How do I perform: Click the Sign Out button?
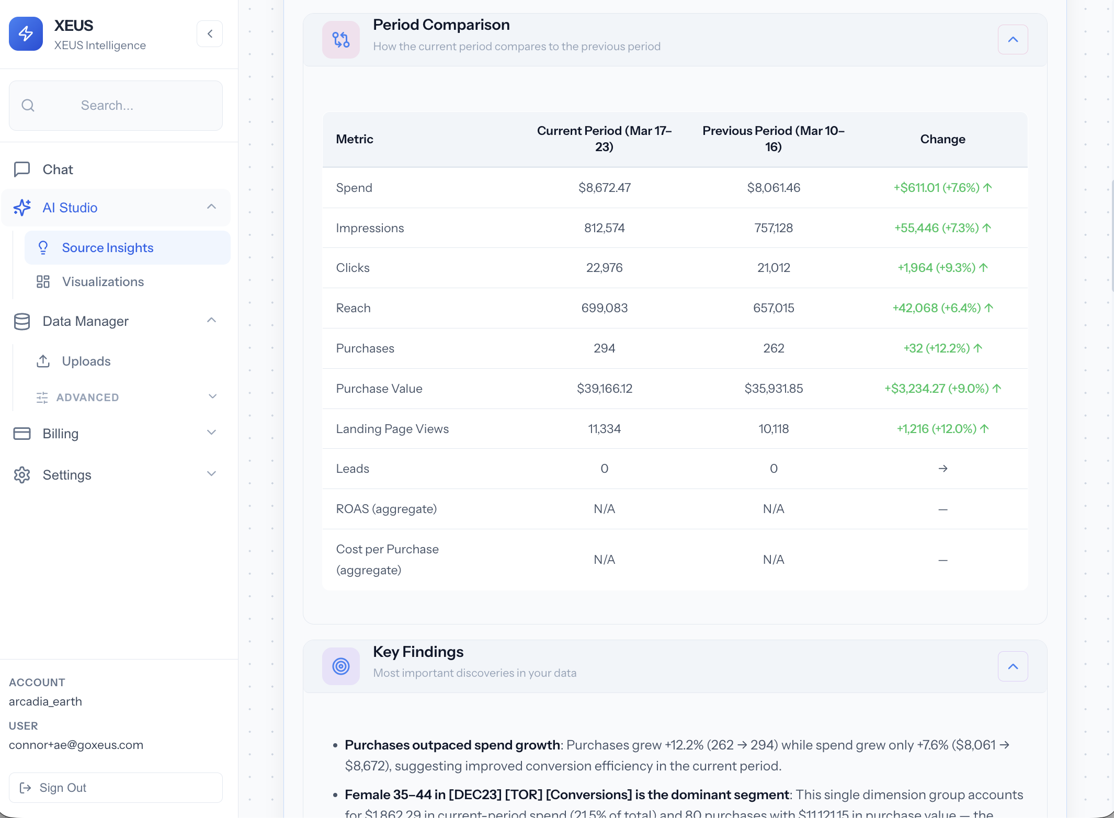[x=116, y=787]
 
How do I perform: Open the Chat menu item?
[x=58, y=169]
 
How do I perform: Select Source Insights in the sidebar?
[x=107, y=247]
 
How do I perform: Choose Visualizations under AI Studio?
[x=103, y=281]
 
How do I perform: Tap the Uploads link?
[x=86, y=361]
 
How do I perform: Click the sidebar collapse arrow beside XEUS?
[x=210, y=34]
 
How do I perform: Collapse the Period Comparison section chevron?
[x=1013, y=40]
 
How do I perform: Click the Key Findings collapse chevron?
[x=1013, y=666]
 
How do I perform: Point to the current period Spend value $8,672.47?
[x=604, y=188]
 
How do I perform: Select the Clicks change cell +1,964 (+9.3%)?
[x=942, y=268]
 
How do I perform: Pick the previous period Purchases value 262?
[x=773, y=348]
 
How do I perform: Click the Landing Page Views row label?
[x=392, y=429]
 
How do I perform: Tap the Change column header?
[x=942, y=139]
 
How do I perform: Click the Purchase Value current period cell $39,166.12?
[x=604, y=389]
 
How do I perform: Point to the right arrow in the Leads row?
[x=942, y=469]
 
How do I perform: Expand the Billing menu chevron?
[x=211, y=433]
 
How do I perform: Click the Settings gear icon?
[x=22, y=475]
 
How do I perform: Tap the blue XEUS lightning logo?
[x=26, y=34]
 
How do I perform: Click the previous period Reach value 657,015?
[x=773, y=308]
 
